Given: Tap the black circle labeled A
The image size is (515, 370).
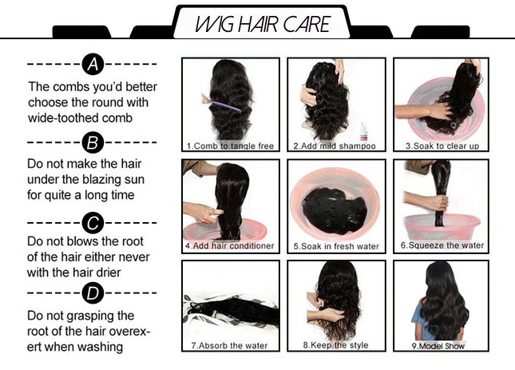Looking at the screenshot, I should (x=93, y=64).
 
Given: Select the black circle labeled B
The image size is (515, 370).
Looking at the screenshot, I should (x=93, y=142).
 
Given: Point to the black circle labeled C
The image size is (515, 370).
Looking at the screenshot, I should (x=93, y=221).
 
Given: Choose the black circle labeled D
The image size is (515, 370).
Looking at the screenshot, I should (x=93, y=295).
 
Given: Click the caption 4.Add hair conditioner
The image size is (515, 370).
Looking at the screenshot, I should (x=230, y=246).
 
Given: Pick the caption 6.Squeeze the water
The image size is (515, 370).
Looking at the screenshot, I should (x=442, y=246).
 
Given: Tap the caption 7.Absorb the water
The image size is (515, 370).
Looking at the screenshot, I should (x=229, y=346).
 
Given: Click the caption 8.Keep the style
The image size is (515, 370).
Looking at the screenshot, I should (x=335, y=346).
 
